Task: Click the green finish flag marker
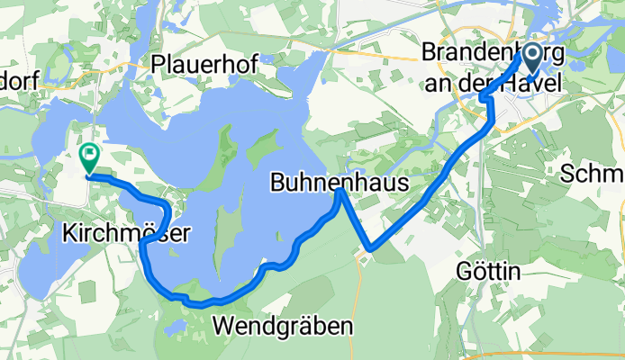coord(90,157)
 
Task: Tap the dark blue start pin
coord(530,59)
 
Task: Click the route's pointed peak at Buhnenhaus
coord(339,189)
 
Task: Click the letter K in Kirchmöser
coord(68,233)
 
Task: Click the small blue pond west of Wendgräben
coord(177,324)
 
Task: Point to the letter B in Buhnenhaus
coord(276,184)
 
